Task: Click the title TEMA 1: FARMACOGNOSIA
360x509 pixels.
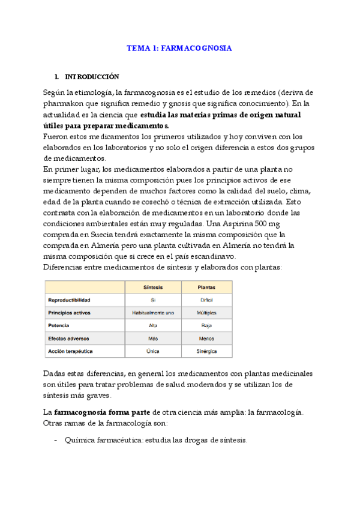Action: tap(179, 47)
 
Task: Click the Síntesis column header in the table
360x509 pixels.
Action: tap(152, 287)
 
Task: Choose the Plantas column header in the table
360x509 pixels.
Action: tap(206, 287)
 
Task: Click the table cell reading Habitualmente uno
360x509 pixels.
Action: tap(152, 313)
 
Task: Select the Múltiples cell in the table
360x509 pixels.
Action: tap(206, 313)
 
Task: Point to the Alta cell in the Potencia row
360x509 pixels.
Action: tap(152, 325)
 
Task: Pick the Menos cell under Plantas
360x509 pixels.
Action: tap(206, 338)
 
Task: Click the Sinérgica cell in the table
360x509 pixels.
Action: tap(206, 351)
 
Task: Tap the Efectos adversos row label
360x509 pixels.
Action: tap(68, 338)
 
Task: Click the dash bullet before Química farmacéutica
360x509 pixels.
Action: tap(56, 440)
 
